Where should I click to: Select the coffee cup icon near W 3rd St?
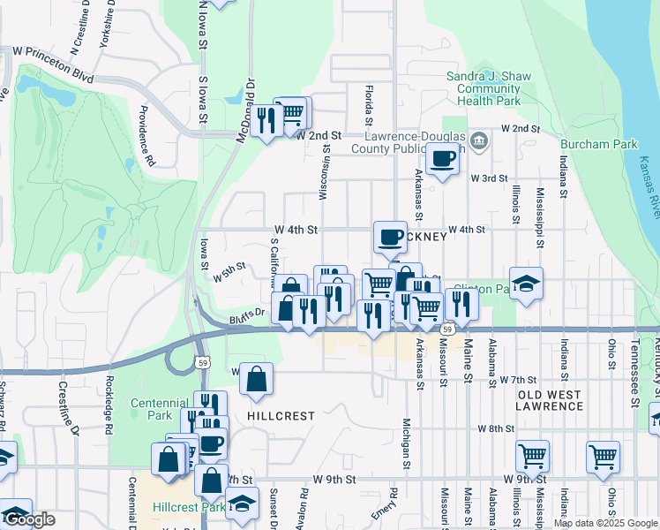pos(442,160)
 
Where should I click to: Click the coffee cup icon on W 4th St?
pos(390,237)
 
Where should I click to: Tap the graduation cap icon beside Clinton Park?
pos(526,283)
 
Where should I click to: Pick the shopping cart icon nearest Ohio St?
pos(603,456)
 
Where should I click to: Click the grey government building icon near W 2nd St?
pos(478,140)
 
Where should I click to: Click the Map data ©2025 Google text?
pos(605,523)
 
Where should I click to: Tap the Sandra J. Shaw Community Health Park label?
pos(489,88)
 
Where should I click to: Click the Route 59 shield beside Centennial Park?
pos(203,362)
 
